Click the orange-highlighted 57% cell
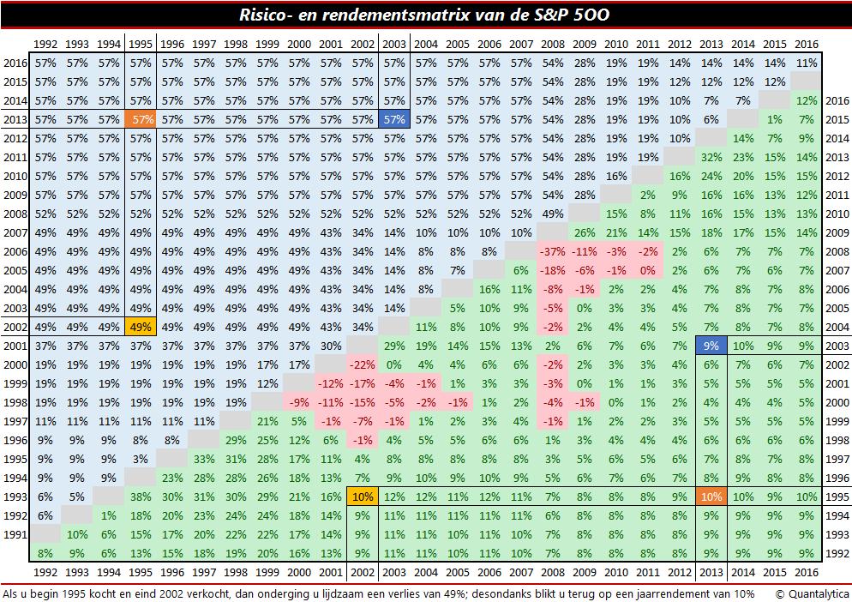[x=141, y=119]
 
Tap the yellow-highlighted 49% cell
[x=141, y=327]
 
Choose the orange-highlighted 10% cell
[x=711, y=497]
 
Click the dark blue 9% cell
[x=711, y=346]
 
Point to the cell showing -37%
[x=553, y=251]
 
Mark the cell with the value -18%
[x=553, y=270]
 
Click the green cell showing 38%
[x=141, y=497]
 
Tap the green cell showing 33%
[x=205, y=459]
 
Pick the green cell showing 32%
[x=711, y=157]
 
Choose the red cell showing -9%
[x=299, y=402]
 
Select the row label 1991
[x=15, y=534]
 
